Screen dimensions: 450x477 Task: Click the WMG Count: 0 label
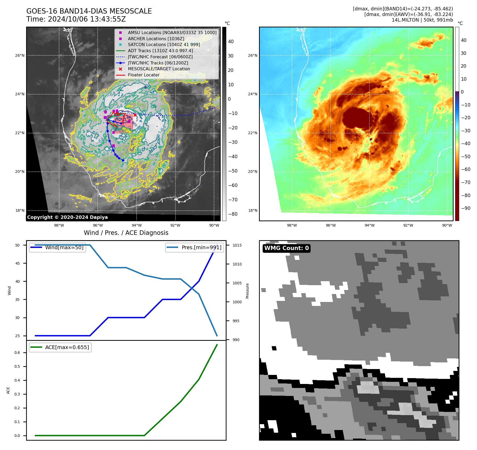coord(286,248)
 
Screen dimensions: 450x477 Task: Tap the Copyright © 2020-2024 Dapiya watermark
coord(67,217)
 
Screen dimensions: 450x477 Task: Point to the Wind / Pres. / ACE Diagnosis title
coord(126,233)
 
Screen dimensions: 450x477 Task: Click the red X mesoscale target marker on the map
coord(135,115)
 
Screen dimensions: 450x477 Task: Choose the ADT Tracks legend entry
coord(160,51)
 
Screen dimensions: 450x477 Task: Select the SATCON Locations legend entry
coord(164,44)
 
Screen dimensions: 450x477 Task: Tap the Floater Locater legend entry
coord(143,75)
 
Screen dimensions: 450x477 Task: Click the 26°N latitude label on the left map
coord(20,55)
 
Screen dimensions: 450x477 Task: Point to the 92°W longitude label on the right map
coord(408,225)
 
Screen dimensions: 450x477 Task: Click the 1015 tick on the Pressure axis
coord(237,245)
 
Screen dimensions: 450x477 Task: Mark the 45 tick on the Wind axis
coord(18,263)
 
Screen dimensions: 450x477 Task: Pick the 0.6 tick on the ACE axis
coord(17,353)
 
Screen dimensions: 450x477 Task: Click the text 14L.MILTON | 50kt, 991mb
coord(422,20)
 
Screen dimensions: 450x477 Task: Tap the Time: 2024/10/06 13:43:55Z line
coord(76,19)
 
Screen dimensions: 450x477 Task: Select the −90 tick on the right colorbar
coord(466,208)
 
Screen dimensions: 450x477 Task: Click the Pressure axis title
coord(247,291)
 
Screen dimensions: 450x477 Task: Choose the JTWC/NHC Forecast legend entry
coord(160,57)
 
